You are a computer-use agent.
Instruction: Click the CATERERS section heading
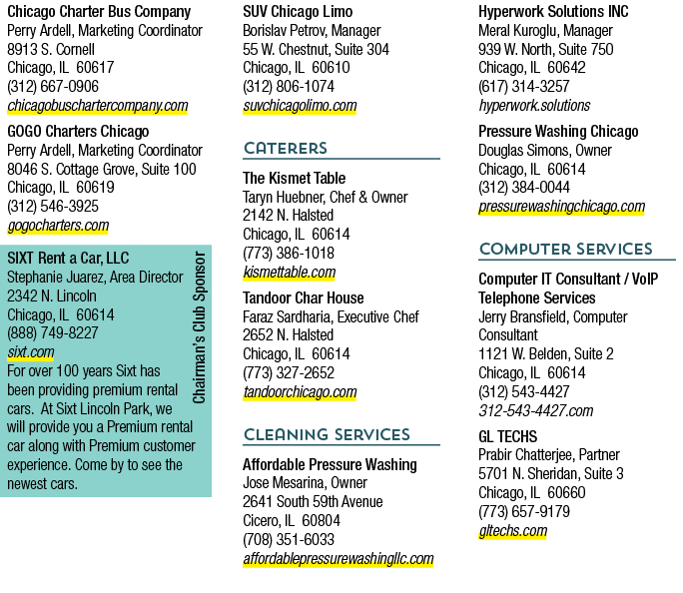286,148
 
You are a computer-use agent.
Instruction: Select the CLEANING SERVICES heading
327,434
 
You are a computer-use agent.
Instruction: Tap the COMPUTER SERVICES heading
566,249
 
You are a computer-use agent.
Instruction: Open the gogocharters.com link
58,225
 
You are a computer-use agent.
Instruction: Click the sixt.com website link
31,351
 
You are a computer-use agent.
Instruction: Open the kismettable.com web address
290,273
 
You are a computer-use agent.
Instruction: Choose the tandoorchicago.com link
300,392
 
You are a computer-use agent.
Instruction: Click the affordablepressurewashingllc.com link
339,559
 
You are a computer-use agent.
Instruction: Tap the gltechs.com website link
512,531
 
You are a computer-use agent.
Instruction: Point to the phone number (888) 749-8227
53,333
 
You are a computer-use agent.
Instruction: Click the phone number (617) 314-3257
524,86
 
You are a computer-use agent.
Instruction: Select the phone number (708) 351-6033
289,539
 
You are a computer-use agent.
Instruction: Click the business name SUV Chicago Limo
298,12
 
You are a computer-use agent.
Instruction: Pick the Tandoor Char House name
304,297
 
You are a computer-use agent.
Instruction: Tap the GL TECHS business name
508,436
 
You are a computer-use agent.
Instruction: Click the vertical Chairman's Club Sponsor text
199,327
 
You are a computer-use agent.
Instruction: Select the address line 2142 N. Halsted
289,215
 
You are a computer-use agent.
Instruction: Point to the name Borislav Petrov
284,31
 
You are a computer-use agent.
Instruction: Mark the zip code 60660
566,492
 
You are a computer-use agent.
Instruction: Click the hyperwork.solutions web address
534,106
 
